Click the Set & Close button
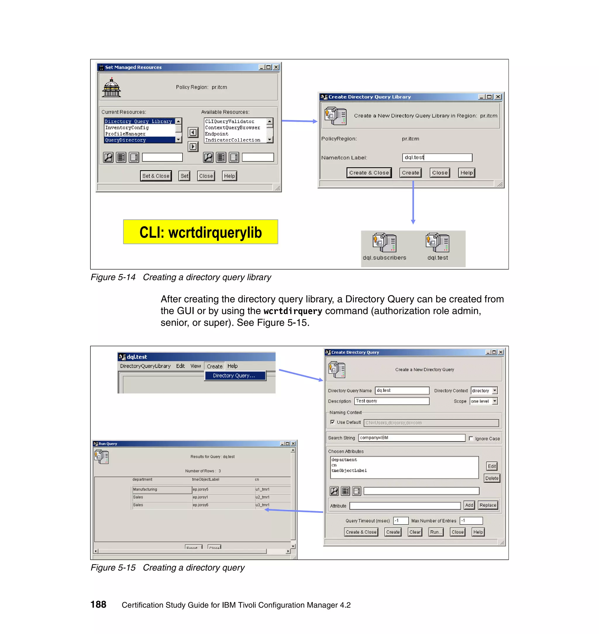click(x=156, y=176)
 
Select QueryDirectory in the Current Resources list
click(x=125, y=140)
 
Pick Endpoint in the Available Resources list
click(x=216, y=134)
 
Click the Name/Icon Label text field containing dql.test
click(x=437, y=157)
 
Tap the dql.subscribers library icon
click(x=384, y=243)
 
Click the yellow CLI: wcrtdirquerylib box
click(x=201, y=232)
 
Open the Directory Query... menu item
click(x=234, y=376)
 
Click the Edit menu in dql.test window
click(x=180, y=366)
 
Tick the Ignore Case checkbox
click(x=471, y=438)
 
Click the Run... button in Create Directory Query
click(x=436, y=532)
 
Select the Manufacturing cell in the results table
click(x=161, y=489)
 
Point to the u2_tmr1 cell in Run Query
click(x=262, y=497)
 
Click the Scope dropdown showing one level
click(x=484, y=401)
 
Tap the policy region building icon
click(x=111, y=87)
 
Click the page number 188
click(x=98, y=604)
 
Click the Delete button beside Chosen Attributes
click(x=492, y=478)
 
